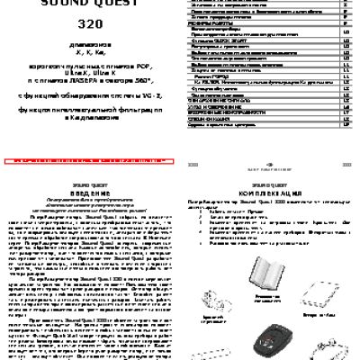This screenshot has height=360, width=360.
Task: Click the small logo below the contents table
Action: (270, 164)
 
